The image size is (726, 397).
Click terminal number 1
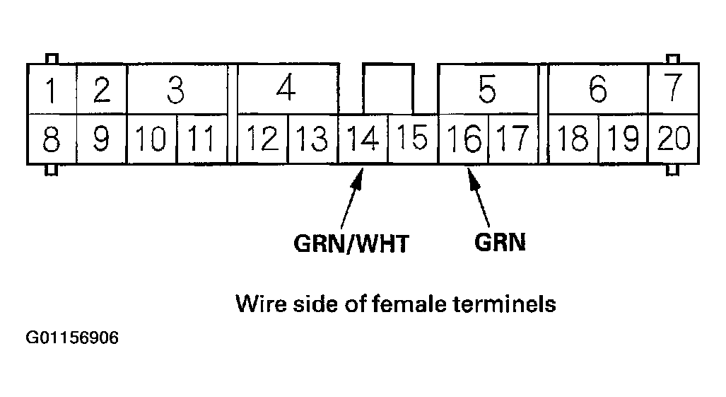51,90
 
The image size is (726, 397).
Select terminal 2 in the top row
102,90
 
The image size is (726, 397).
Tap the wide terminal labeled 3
175,90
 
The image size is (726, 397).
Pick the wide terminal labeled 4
286,90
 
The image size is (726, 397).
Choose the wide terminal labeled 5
486,90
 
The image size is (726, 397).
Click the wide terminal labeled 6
598,90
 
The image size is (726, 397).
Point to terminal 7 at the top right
673,88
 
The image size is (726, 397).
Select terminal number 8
51,139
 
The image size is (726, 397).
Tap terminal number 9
102,139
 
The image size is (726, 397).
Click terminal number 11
201,139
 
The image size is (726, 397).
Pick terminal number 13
312,139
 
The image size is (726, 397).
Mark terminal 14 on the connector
363,138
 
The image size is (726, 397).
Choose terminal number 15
412,137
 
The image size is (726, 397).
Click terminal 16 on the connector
463,139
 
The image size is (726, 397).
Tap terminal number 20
673,137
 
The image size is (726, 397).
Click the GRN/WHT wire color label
351,243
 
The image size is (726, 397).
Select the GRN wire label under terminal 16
500,242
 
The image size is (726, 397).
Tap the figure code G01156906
72,338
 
